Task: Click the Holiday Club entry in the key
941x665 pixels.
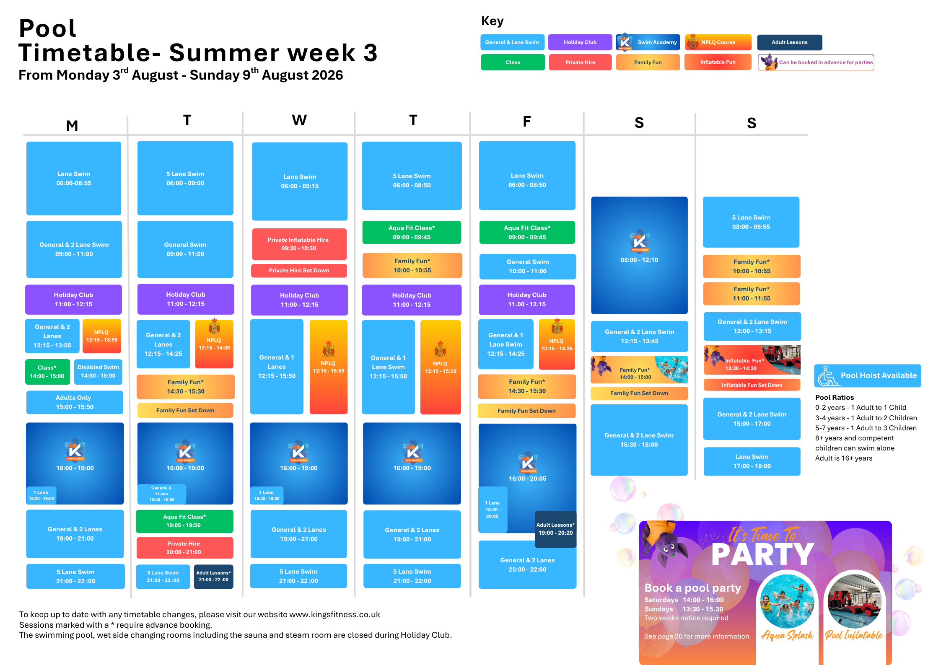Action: pyautogui.click(x=580, y=42)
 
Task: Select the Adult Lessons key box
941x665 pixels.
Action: pyautogui.click(x=789, y=42)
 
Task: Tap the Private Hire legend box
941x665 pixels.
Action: pyautogui.click(x=580, y=62)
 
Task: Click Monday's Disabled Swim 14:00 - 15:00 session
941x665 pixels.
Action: pyautogui.click(x=98, y=372)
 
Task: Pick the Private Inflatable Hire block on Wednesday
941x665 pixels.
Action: pyautogui.click(x=299, y=244)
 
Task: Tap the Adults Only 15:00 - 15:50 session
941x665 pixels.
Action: pyautogui.click(x=75, y=402)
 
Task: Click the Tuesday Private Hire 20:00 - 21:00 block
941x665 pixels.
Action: pyautogui.click(x=184, y=548)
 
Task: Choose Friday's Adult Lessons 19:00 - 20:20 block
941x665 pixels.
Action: pyautogui.click(x=555, y=529)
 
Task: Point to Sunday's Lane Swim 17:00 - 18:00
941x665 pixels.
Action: pyautogui.click(x=752, y=461)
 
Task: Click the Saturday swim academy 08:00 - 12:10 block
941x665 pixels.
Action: pyautogui.click(x=639, y=255)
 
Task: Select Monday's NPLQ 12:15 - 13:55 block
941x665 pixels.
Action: pyautogui.click(x=102, y=336)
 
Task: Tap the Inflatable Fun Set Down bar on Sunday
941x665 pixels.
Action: pyautogui.click(x=752, y=385)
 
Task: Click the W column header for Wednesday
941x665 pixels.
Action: pyautogui.click(x=299, y=120)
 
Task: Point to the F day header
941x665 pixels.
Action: pyautogui.click(x=527, y=122)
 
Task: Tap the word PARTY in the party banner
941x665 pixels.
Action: pyautogui.click(x=763, y=555)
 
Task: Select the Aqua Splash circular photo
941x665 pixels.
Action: pyautogui.click(x=787, y=601)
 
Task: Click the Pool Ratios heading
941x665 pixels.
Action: pyautogui.click(x=834, y=397)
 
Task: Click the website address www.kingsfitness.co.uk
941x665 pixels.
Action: pyautogui.click(x=334, y=614)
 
